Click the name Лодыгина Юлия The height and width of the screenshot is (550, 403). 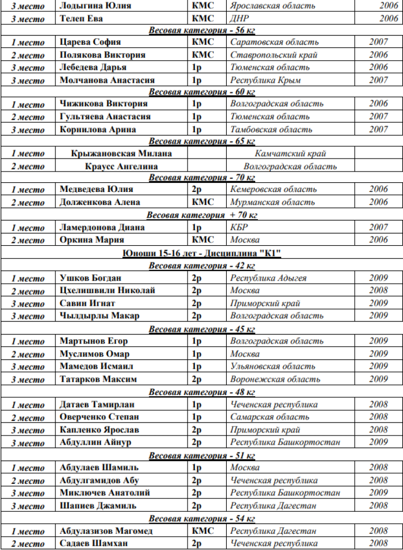pos(95,6)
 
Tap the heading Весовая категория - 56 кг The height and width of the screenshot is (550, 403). pos(201,31)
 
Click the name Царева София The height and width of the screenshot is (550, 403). pos(90,42)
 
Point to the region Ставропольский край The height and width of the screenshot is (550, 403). pos(274,55)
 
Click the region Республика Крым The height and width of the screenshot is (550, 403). pos(265,80)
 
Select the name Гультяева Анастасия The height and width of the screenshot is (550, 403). pos(105,117)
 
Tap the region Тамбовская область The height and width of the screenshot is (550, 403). pos(271,130)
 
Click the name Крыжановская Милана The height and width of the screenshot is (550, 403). pos(121,154)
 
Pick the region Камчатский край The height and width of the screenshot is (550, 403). pos(290,154)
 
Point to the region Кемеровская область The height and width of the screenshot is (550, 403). pos(274,189)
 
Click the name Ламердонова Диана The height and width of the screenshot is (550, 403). pos(102,227)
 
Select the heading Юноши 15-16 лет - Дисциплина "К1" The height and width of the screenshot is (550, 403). pos(201,253)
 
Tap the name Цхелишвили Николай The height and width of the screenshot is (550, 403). pos(107,291)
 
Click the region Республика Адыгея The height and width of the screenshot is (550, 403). pos(268,278)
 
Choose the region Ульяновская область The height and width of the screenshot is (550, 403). pos(272,367)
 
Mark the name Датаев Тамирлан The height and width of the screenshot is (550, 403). pos(97,404)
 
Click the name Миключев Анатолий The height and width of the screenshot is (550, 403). pos(104,493)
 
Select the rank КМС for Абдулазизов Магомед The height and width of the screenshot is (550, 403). pos(203,531)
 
